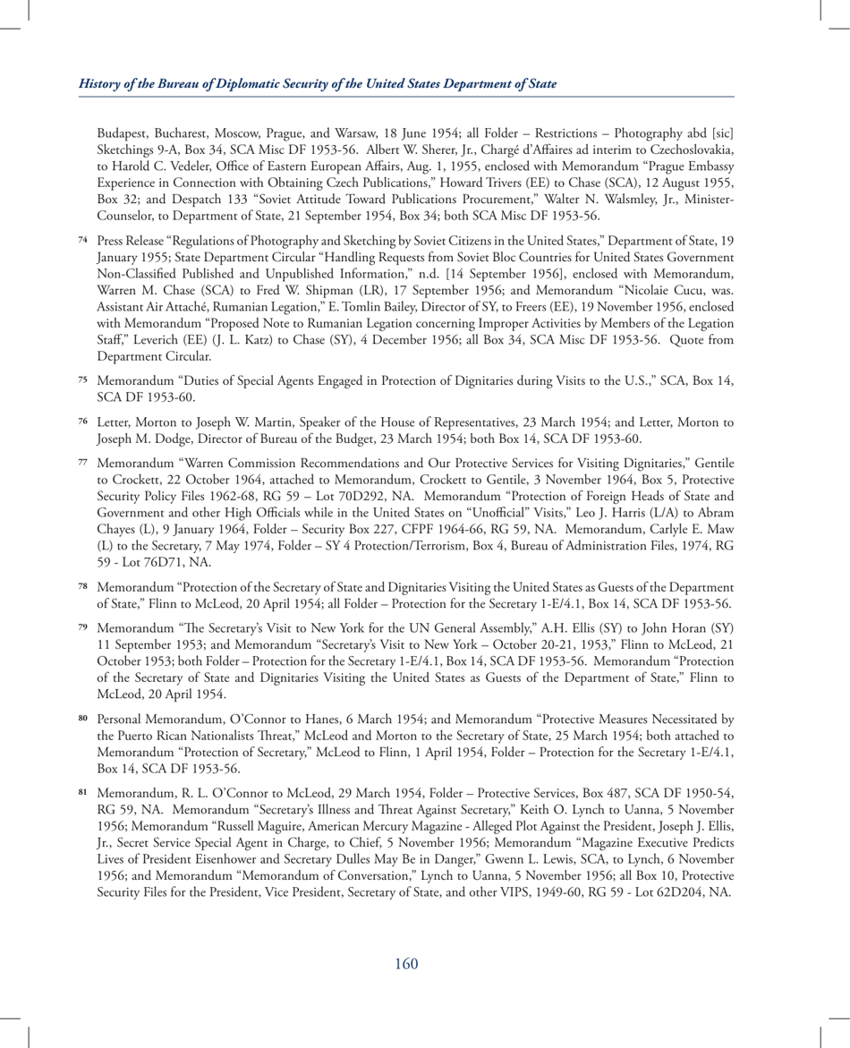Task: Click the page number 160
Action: (405, 962)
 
